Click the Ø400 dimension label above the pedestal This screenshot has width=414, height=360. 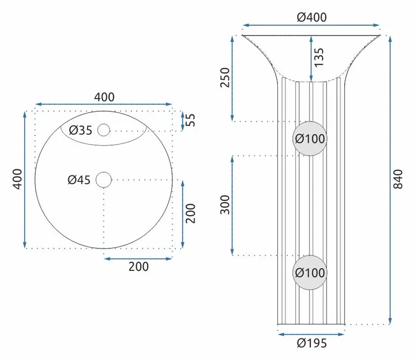[312, 17]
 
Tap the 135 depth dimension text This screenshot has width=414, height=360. [319, 57]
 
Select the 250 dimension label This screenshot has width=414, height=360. [225, 78]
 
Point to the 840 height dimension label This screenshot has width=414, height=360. [398, 179]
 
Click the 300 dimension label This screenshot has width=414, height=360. [225, 205]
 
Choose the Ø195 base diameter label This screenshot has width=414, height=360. [312, 343]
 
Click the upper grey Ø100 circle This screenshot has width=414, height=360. [309, 138]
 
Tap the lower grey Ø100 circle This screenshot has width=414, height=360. [309, 272]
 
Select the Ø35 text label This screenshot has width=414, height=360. [81, 131]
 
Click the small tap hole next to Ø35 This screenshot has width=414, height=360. [103, 130]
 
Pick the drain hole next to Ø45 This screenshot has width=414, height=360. [103, 180]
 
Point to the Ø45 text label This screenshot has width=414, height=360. [79, 180]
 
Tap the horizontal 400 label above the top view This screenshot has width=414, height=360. [105, 97]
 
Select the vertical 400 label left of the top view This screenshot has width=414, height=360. [18, 179]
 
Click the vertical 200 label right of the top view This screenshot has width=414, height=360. [190, 213]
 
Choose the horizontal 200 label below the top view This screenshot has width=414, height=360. [139, 267]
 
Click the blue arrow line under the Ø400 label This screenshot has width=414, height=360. [311, 25]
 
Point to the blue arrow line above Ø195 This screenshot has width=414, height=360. [311, 335]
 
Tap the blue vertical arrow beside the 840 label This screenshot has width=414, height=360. [390, 179]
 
